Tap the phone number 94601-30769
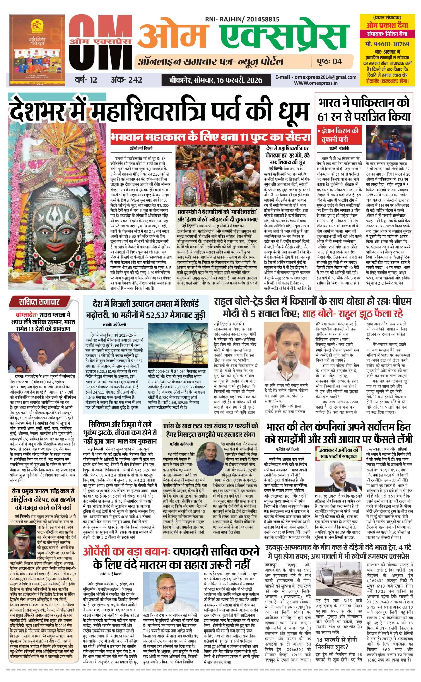click(387, 44)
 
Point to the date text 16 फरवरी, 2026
click(239, 80)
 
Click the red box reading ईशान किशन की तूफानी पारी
click(339, 135)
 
